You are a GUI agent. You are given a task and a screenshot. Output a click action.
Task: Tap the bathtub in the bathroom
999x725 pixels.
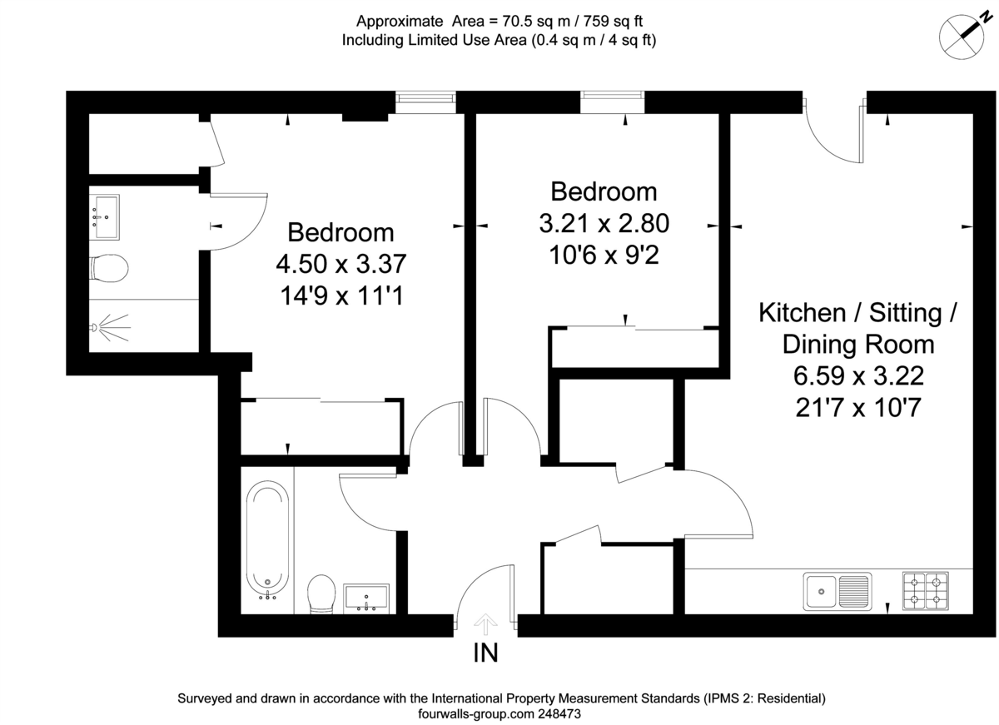click(x=267, y=541)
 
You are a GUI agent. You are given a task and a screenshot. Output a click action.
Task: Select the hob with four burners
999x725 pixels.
click(x=925, y=589)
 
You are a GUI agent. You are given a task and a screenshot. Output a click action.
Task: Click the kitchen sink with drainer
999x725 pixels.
click(x=837, y=591)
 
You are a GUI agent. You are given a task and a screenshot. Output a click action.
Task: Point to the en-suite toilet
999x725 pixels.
click(x=107, y=268)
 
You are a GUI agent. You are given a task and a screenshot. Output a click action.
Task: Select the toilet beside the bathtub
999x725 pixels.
click(x=320, y=594)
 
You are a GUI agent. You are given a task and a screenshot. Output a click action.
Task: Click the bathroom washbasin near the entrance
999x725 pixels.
click(x=365, y=597)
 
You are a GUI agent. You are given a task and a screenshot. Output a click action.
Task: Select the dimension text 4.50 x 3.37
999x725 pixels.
click(x=340, y=264)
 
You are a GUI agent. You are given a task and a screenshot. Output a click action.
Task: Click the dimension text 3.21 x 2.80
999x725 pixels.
click(x=604, y=224)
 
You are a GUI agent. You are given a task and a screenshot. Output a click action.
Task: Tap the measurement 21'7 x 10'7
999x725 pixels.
click(x=857, y=408)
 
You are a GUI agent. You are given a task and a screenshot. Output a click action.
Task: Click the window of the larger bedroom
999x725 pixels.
click(x=425, y=102)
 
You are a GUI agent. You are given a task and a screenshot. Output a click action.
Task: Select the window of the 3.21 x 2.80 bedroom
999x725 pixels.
click(x=613, y=102)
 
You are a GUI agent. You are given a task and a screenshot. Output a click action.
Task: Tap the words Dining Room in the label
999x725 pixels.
click(x=857, y=344)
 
